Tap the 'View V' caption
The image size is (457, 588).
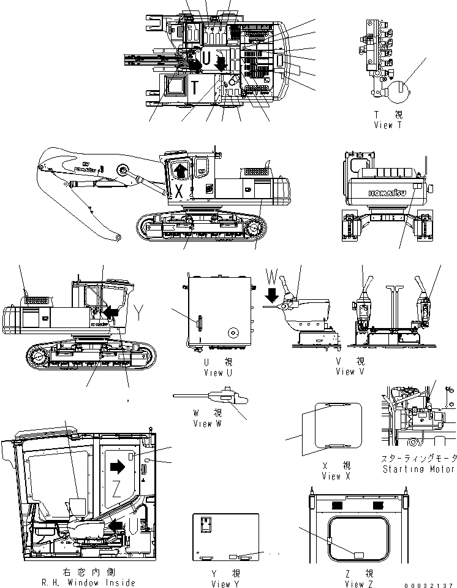[x=350, y=372]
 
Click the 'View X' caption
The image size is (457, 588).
[x=339, y=476]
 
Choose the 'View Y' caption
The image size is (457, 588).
[x=221, y=584]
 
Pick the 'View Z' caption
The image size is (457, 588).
[x=360, y=584]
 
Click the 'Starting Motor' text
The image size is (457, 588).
[x=418, y=469]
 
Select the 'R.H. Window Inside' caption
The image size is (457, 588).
[x=86, y=582]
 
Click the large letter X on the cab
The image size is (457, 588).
[x=179, y=191]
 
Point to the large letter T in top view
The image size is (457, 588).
[x=194, y=88]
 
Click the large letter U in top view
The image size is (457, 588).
[x=206, y=59]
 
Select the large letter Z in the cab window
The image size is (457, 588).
[x=116, y=489]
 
